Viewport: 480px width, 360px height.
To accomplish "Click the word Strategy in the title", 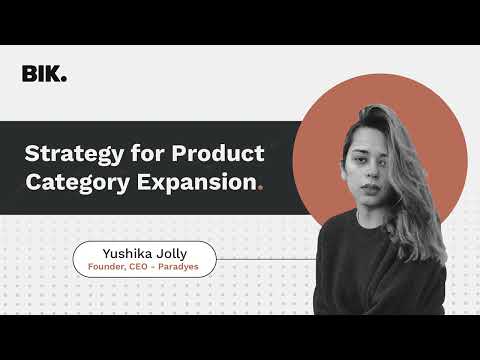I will [x=67, y=154].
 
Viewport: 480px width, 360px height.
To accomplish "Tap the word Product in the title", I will [x=218, y=154].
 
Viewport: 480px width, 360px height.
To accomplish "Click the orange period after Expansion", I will [x=261, y=188].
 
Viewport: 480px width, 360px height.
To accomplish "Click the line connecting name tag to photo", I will [x=265, y=259].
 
